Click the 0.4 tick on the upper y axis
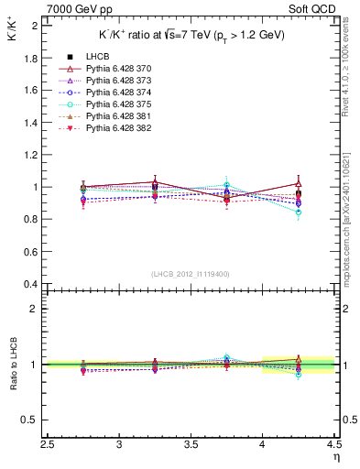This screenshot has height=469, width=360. tap(32, 284)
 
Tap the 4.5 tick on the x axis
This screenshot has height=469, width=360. tap(333, 444)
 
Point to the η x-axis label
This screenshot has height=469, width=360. tap(335, 456)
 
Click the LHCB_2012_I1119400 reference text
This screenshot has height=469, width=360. tap(191, 274)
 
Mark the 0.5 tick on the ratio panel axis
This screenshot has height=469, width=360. tap(32, 420)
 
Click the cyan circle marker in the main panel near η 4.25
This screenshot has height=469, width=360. tap(299, 212)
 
